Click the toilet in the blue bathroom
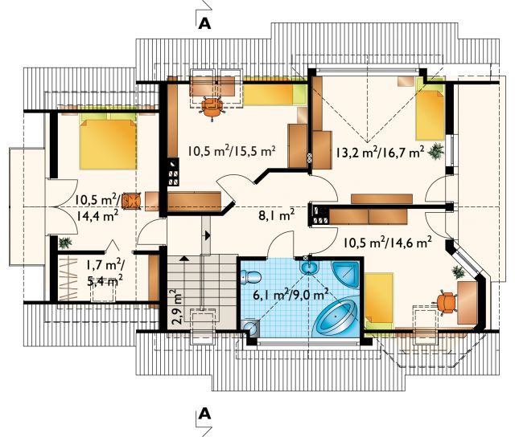coord(250,276)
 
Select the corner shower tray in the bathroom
coord(346,273)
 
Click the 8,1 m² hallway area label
coord(276,215)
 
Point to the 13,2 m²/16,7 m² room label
coord(380,152)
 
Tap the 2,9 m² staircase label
coord(178,307)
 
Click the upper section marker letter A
coord(204,24)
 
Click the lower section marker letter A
coord(204,414)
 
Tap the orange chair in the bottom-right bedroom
coord(446,302)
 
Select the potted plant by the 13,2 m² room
coord(436,151)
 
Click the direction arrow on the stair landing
coord(208,235)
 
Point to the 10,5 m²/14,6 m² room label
coord(388,243)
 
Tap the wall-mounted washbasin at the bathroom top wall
coord(308,267)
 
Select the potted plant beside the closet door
coord(65,243)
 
